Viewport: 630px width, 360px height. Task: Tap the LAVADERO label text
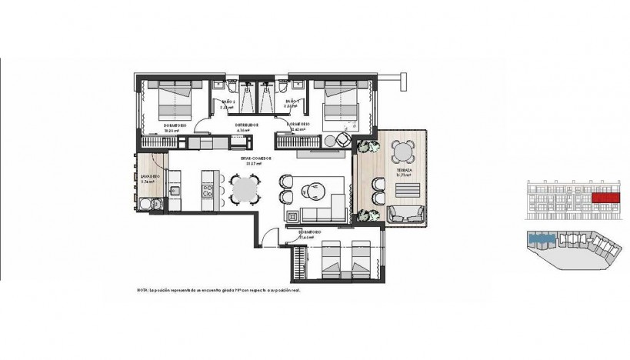point(150,176)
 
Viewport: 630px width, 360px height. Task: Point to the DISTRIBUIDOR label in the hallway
point(246,125)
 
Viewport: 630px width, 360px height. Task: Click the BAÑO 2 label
point(228,102)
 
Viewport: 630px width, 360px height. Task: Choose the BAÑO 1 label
point(292,102)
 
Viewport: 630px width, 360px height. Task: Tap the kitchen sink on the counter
point(175,189)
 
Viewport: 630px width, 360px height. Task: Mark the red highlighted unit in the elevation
point(605,198)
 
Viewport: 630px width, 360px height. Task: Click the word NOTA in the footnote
point(142,290)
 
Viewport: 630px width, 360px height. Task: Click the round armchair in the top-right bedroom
point(341,140)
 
